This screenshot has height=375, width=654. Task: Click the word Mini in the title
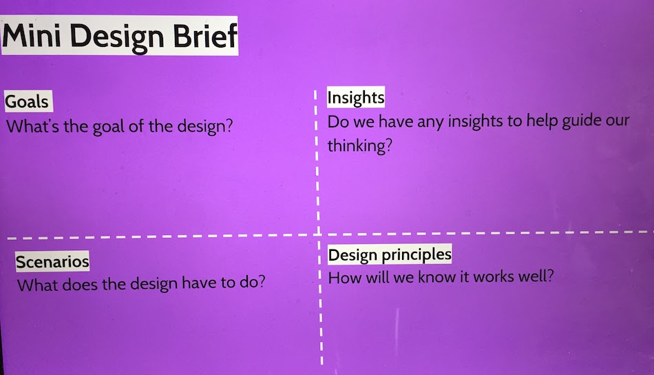pyautogui.click(x=32, y=35)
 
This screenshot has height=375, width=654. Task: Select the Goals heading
pyautogui.click(x=27, y=101)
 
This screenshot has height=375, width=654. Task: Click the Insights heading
pyautogui.click(x=356, y=98)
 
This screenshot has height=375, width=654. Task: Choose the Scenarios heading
pyautogui.click(x=52, y=262)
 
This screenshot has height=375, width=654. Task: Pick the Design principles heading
pyautogui.click(x=390, y=255)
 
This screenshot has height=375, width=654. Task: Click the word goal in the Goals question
pyautogui.click(x=109, y=127)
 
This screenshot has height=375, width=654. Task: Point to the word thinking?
pyautogui.click(x=359, y=145)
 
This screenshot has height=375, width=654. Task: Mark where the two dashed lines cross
pyautogui.click(x=318, y=234)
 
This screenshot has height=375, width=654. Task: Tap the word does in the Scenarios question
pyautogui.click(x=80, y=285)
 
